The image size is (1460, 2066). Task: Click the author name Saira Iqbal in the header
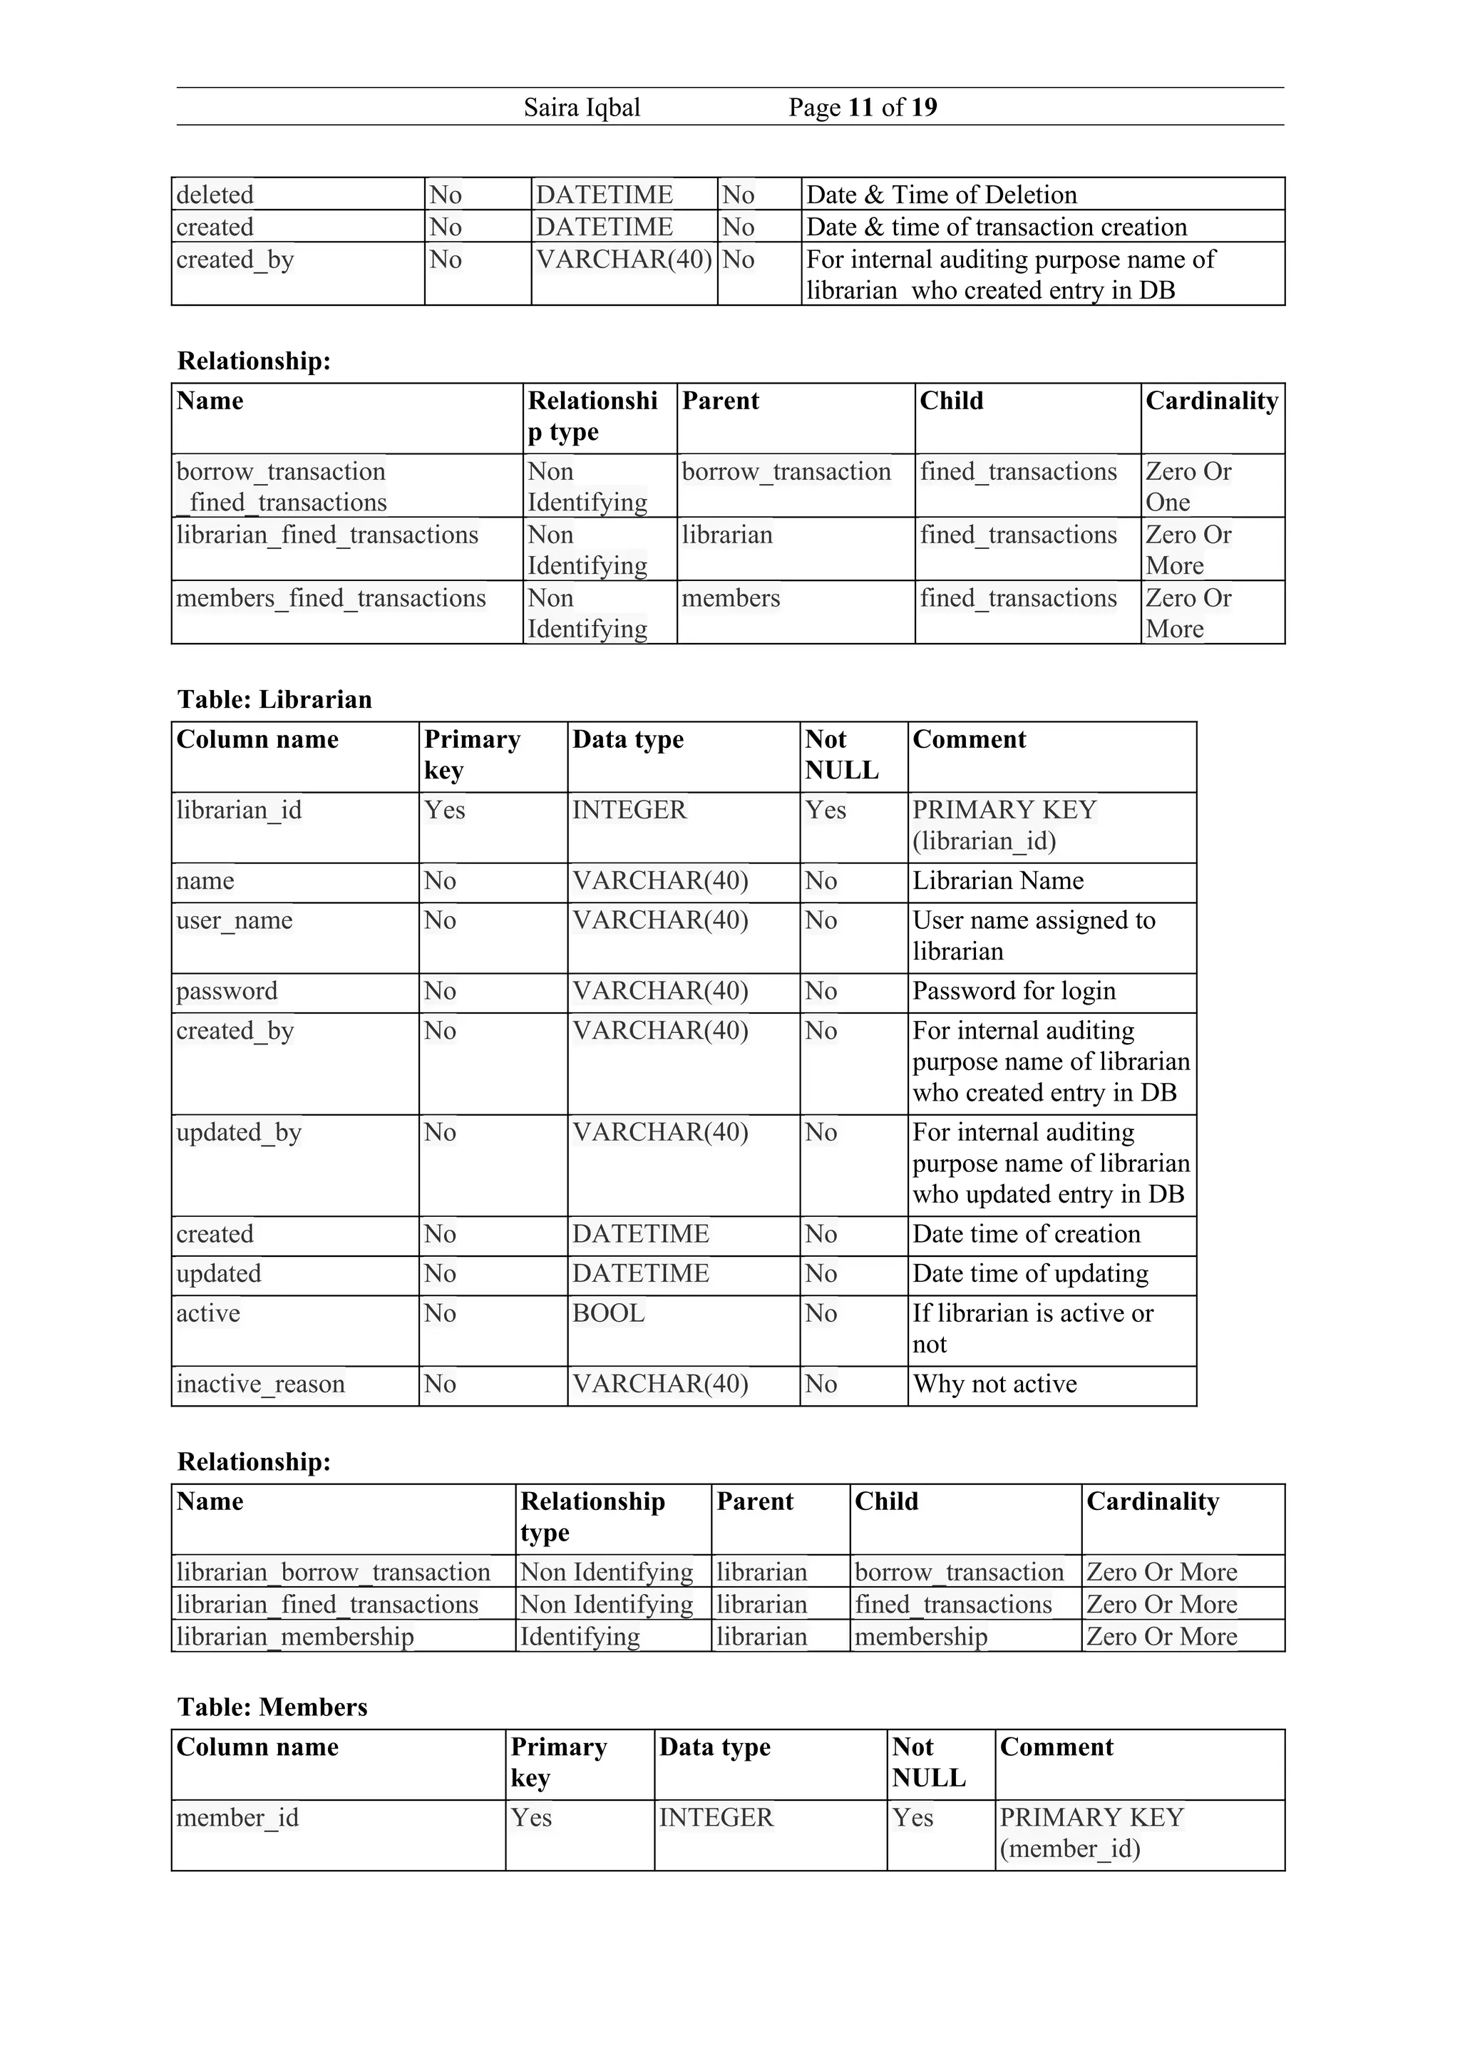pyautogui.click(x=581, y=108)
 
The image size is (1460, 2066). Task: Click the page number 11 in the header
pyautogui.click(x=860, y=108)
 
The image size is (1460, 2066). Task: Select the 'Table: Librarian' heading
pyautogui.click(x=274, y=699)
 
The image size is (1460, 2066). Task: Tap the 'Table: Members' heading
pyautogui.click(x=272, y=1707)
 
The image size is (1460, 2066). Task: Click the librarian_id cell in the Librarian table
pyautogui.click(x=240, y=810)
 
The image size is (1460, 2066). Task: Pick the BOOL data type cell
pyautogui.click(x=609, y=1313)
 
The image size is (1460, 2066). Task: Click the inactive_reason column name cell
pyautogui.click(x=260, y=1383)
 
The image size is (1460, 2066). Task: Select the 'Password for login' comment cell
pyautogui.click(x=1014, y=991)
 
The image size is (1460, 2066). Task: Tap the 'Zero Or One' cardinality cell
pyautogui.click(x=1188, y=486)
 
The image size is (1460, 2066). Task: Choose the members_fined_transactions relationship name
pyautogui.click(x=331, y=598)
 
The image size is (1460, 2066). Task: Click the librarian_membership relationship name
pyautogui.click(x=295, y=1636)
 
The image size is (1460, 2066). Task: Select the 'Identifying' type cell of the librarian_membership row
pyautogui.click(x=580, y=1636)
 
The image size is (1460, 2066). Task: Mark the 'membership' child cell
pyautogui.click(x=920, y=1636)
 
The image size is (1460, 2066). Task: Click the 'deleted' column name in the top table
pyautogui.click(x=215, y=195)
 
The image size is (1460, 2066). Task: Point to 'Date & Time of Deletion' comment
pyautogui.click(x=941, y=195)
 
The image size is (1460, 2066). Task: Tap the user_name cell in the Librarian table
pyautogui.click(x=235, y=920)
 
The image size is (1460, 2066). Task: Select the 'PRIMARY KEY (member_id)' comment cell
pyautogui.click(x=1091, y=1832)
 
